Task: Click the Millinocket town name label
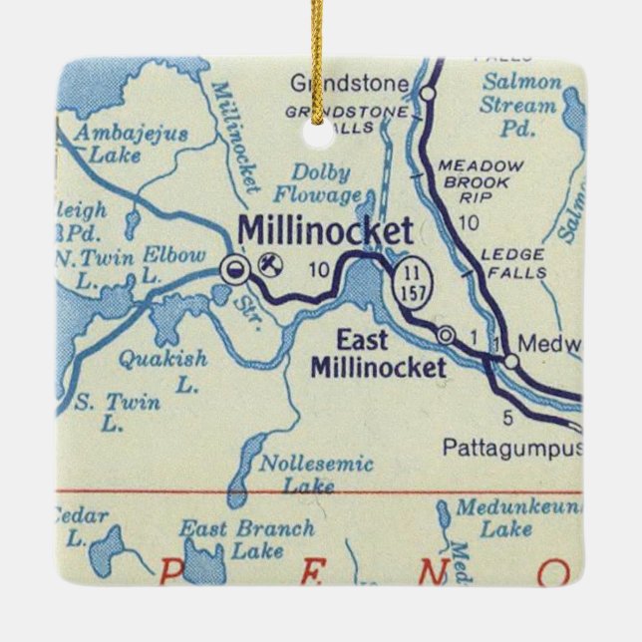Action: [324, 232]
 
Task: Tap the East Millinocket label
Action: [378, 356]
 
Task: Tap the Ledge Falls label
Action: [511, 263]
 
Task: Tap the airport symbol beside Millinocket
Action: [267, 264]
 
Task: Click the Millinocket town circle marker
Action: [232, 266]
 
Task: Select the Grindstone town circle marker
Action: [429, 94]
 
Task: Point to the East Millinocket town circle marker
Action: [447, 334]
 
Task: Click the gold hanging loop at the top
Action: [320, 25]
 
